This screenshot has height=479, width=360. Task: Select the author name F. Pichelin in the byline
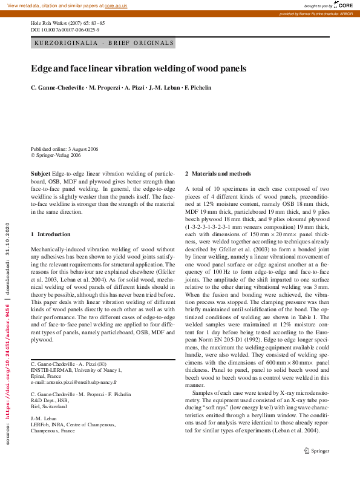pyautogui.click(x=198, y=88)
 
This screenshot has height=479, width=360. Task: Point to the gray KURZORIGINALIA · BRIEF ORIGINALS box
pyautogui.click(x=103, y=43)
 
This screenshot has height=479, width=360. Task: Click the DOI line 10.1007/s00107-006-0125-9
pyautogui.click(x=65, y=30)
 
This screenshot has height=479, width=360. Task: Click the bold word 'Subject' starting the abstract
pyautogui.click(x=41, y=174)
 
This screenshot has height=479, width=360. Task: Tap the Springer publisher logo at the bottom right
pyautogui.click(x=316, y=451)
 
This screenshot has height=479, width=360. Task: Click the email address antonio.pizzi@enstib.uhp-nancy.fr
pyautogui.click(x=74, y=383)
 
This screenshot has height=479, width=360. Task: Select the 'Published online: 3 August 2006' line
pyautogui.click(x=65, y=149)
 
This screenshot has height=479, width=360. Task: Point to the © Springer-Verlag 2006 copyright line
pyautogui.click(x=56, y=155)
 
